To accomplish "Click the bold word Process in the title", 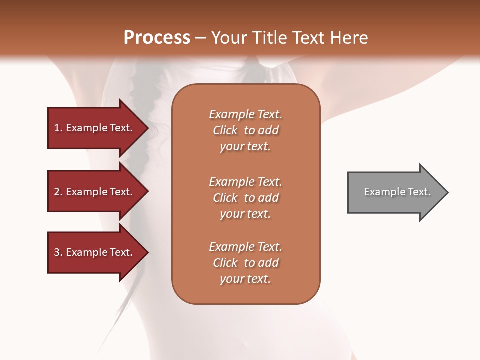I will click(157, 38).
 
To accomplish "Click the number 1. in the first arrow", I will click(58, 128).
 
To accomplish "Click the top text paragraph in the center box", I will click(245, 130).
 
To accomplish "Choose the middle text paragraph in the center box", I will click(245, 198).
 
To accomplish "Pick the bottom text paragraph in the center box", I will click(245, 263).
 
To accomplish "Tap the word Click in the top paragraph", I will click(225, 130).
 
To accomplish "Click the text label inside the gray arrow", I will click(397, 192).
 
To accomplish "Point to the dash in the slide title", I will click(201, 38).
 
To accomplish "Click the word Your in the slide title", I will click(230, 38).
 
